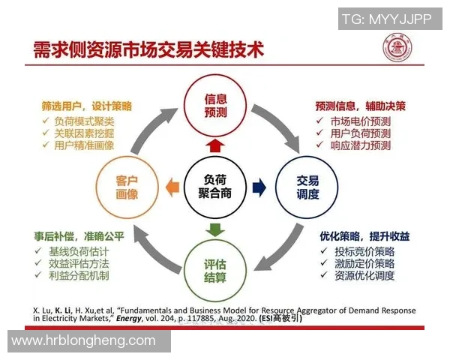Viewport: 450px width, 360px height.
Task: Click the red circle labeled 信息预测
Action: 215,106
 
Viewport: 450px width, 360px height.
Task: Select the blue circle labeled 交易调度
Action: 307,184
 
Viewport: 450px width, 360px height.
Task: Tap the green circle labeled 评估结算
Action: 215,267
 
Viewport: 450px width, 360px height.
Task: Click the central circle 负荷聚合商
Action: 215,184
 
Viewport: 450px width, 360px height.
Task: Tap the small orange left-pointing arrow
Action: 169,184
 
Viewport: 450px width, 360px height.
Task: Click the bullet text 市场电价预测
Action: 360,121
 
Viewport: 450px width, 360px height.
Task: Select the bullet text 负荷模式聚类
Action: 85,121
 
